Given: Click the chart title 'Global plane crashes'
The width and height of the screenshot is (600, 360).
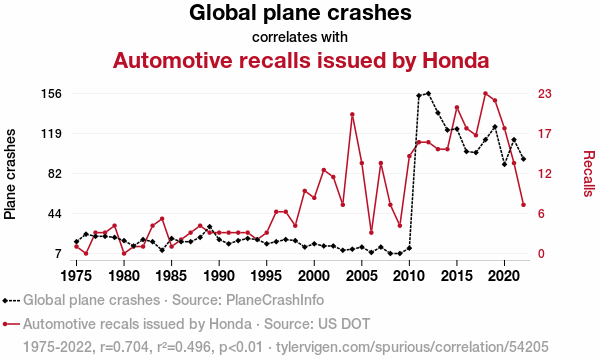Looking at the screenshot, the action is click(300, 13).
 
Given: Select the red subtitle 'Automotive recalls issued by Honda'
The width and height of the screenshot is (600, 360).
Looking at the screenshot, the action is click(301, 60).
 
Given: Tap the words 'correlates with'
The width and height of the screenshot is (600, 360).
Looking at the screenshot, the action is click(300, 37).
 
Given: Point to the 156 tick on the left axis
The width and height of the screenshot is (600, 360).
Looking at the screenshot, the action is click(51, 93).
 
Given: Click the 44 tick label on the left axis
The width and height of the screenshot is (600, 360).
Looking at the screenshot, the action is click(54, 213).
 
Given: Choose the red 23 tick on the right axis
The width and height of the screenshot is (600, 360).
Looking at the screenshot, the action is click(545, 93).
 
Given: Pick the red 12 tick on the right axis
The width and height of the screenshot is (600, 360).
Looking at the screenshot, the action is click(545, 174).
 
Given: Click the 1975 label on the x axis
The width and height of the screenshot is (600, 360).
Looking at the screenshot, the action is click(76, 275).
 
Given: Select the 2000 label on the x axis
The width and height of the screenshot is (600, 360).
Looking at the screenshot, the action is click(314, 275).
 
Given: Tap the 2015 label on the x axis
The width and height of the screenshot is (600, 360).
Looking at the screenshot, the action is click(457, 275).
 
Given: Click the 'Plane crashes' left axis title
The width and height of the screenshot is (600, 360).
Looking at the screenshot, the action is click(10, 174).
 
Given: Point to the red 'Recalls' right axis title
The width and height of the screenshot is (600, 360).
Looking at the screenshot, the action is click(589, 174).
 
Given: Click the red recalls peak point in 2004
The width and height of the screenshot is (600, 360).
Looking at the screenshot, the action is click(352, 114).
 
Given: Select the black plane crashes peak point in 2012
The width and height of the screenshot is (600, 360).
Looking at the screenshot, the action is click(428, 93).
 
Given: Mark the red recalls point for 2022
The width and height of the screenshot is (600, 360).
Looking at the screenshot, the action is click(523, 205).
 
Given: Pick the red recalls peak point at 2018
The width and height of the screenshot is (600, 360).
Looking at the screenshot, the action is click(485, 93).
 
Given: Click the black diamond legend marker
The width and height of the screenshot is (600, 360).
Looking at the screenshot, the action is click(5, 301).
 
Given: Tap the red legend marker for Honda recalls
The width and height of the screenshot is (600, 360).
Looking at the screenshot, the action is click(5, 324).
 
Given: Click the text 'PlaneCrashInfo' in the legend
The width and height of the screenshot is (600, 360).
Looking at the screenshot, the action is click(275, 300).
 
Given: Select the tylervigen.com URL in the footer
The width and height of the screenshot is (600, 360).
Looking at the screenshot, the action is click(412, 347).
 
